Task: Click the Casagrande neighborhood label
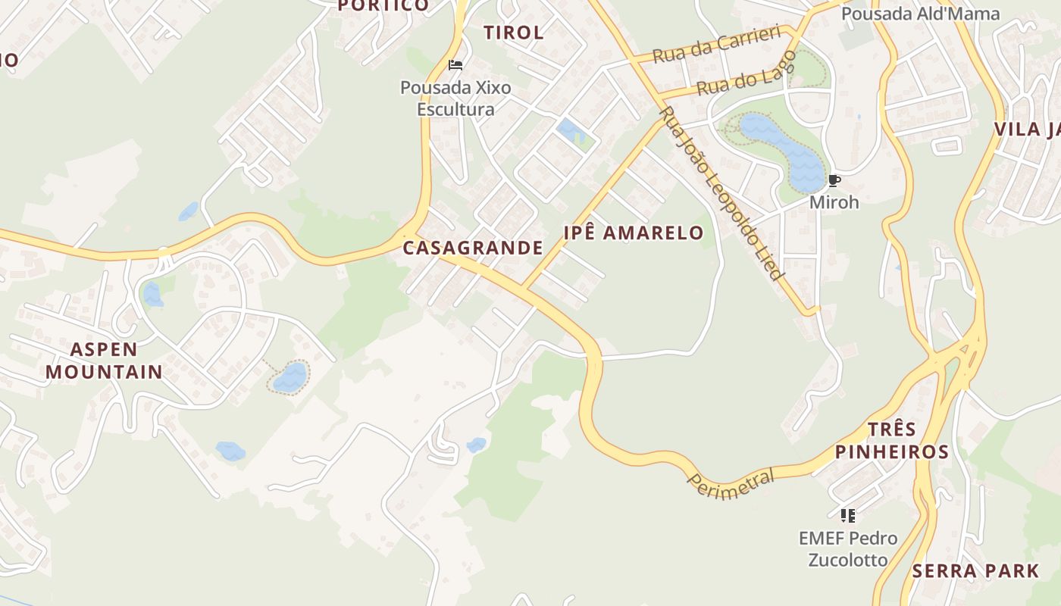point(473,248)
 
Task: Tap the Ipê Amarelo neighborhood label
point(634,233)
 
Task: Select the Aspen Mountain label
point(104,361)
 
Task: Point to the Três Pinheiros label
point(891,441)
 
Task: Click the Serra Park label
point(976,571)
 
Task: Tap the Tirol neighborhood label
point(514,33)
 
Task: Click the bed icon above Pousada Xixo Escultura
point(455,65)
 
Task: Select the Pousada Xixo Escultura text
point(455,98)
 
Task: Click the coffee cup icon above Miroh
point(834,180)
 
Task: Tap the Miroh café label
point(834,202)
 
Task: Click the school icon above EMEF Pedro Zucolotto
point(848,516)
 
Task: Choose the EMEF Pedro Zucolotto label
point(848,549)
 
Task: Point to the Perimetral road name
point(731,483)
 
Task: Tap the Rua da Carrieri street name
point(716,45)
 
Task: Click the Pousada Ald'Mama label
point(920,14)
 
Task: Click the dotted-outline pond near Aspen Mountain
point(290,377)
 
